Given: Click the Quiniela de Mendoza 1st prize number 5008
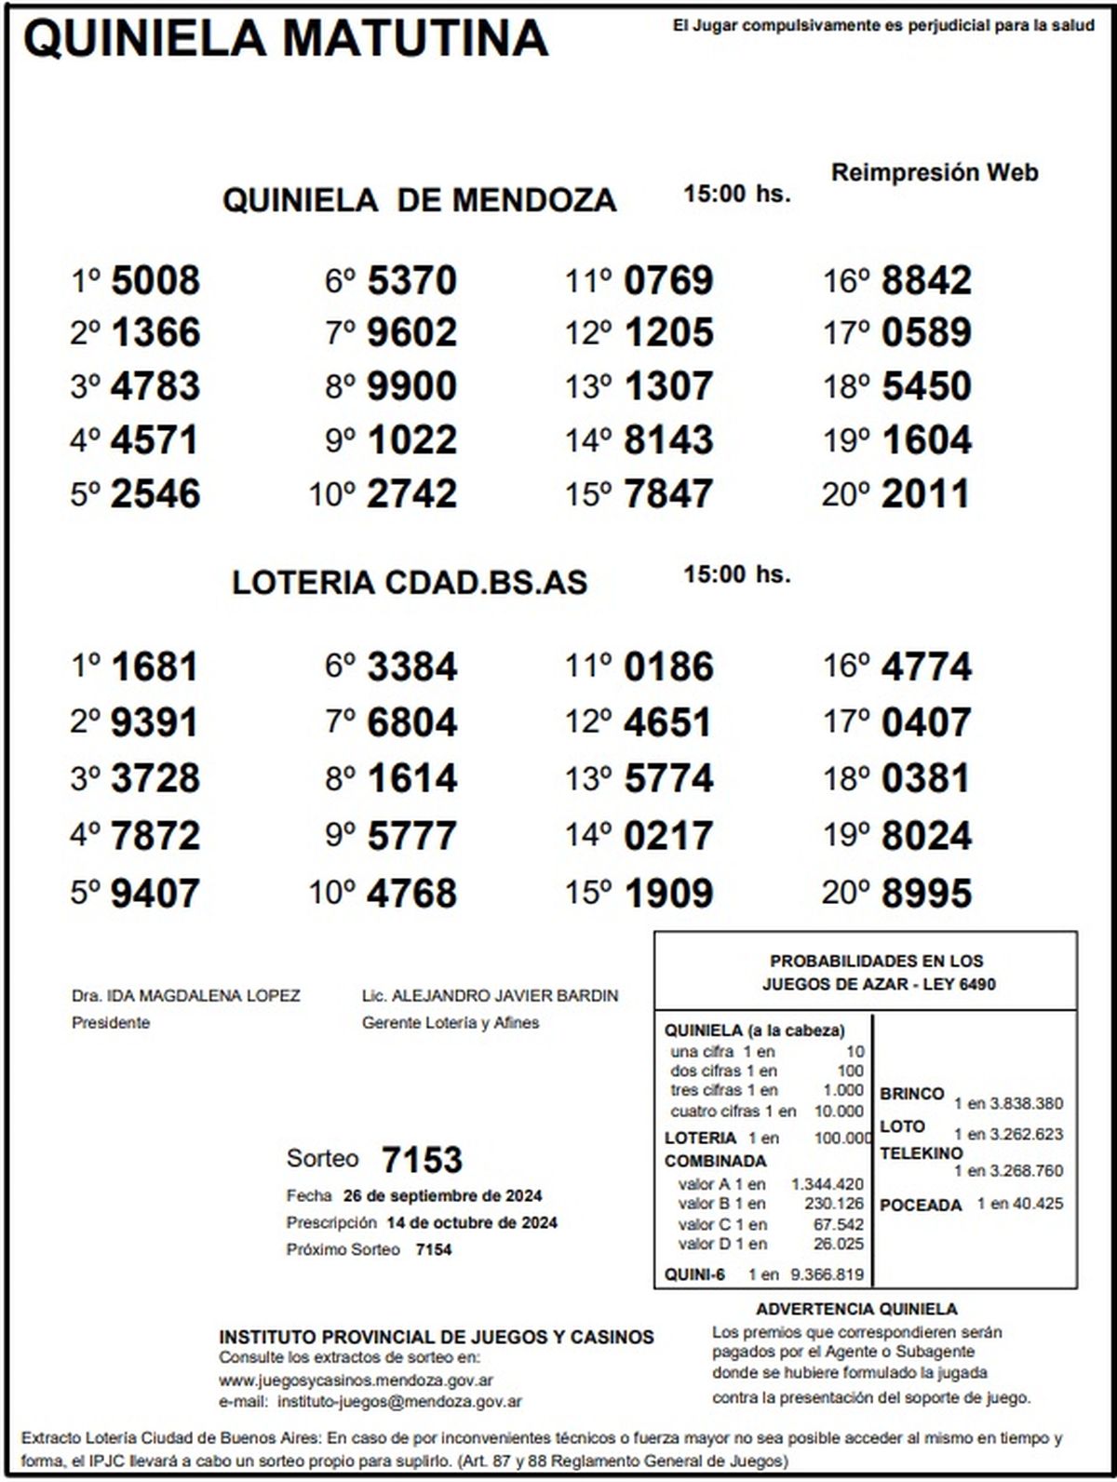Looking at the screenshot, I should [x=155, y=280].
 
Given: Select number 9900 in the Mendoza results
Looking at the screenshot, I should [x=411, y=386].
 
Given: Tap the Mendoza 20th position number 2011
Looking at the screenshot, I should [x=925, y=493].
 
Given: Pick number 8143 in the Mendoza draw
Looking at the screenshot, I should [x=668, y=439].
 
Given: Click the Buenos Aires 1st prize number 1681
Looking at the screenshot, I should [x=155, y=667].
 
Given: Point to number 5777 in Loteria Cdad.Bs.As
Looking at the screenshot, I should [x=411, y=835].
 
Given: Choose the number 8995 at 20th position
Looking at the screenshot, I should [x=925, y=893].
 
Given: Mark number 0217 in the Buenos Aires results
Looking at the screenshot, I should [x=668, y=835].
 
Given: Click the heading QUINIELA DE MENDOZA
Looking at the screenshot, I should [x=419, y=200].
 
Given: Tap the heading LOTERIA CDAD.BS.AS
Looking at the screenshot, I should [x=410, y=583].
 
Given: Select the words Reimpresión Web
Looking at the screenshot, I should [x=934, y=172].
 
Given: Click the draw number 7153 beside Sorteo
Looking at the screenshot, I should [x=422, y=1160].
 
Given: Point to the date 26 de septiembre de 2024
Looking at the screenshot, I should [x=442, y=1196].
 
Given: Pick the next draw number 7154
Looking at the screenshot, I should [x=433, y=1249].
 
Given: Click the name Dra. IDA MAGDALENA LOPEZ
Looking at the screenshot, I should [x=185, y=996].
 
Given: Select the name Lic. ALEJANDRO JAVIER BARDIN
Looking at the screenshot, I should [x=490, y=996].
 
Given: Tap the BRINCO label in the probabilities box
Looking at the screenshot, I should [x=911, y=1094].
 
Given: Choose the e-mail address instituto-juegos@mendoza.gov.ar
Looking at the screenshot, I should [x=399, y=1401].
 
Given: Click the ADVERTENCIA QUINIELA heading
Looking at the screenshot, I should [x=856, y=1310].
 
